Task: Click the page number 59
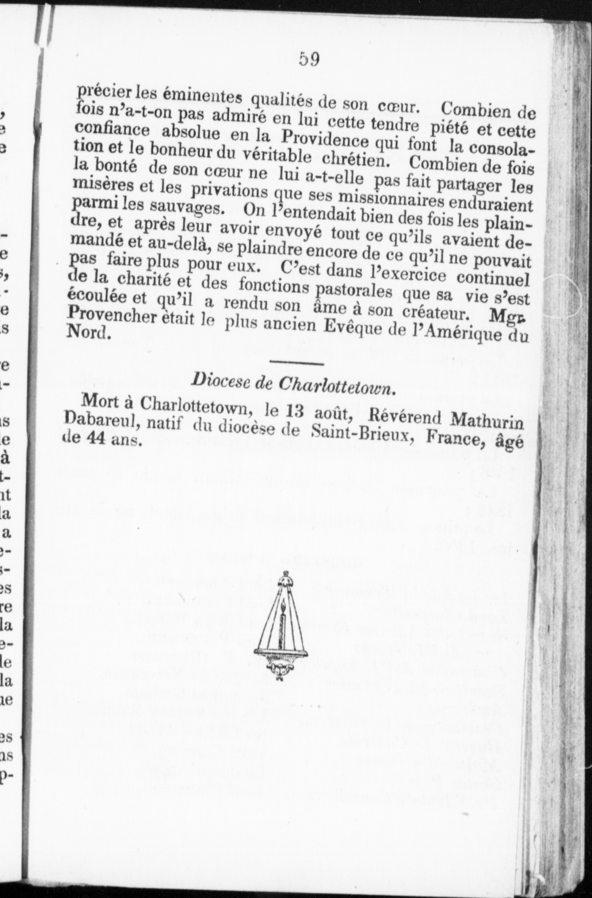(x=310, y=60)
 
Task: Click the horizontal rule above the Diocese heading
(x=297, y=363)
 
